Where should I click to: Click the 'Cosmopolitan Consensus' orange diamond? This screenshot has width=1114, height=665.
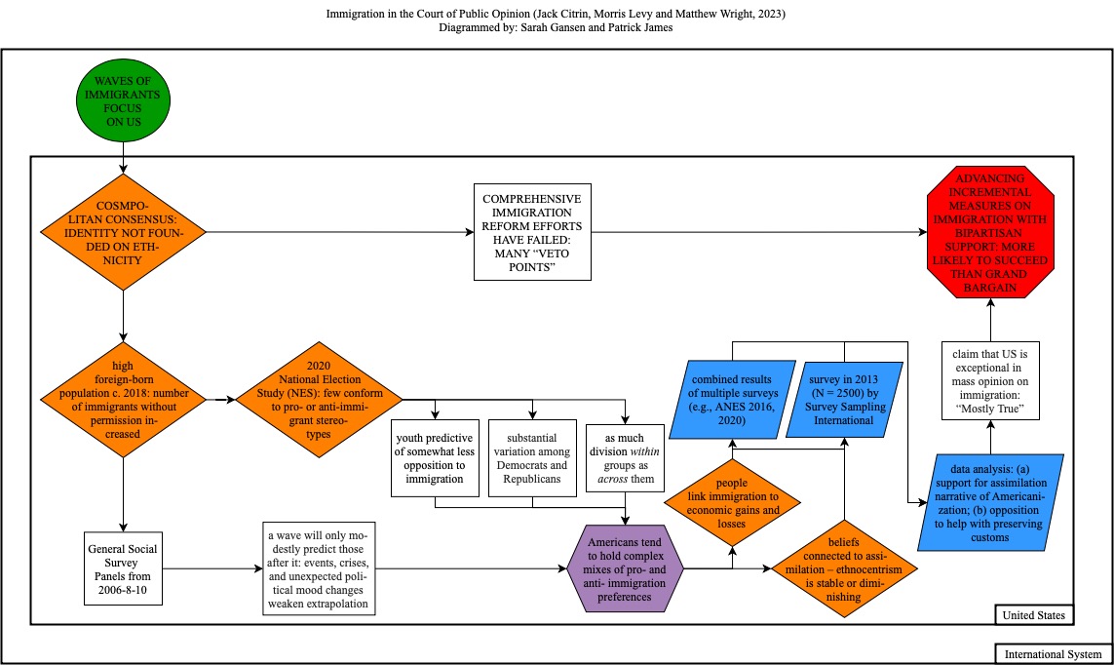pos(124,232)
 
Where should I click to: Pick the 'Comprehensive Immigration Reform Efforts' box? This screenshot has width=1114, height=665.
pos(532,232)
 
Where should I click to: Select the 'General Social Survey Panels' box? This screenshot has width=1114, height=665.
pos(124,567)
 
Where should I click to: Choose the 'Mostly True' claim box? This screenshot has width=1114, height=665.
pos(990,379)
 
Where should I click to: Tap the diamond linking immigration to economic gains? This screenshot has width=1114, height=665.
pos(732,502)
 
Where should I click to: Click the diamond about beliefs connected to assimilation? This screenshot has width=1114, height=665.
pos(844,567)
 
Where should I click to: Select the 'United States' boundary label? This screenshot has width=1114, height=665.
pos(1033,615)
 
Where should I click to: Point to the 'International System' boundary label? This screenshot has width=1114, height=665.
pos(1052,654)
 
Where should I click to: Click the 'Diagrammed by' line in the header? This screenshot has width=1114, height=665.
pos(556,28)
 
